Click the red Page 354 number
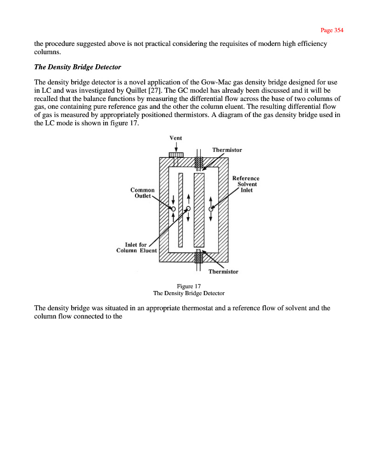[332, 30]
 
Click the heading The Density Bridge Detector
[78, 67]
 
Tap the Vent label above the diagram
[176, 138]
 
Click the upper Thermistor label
[227, 150]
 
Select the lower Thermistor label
[223, 272]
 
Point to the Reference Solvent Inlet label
[246, 184]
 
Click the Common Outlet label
[142, 193]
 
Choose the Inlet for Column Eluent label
[136, 247]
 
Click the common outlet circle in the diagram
[173, 208]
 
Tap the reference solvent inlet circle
[211, 209]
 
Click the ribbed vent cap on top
[176, 155]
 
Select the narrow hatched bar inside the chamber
[180, 209]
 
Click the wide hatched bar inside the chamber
[199, 210]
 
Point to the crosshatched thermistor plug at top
[199, 163]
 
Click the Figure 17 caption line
[189, 286]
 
